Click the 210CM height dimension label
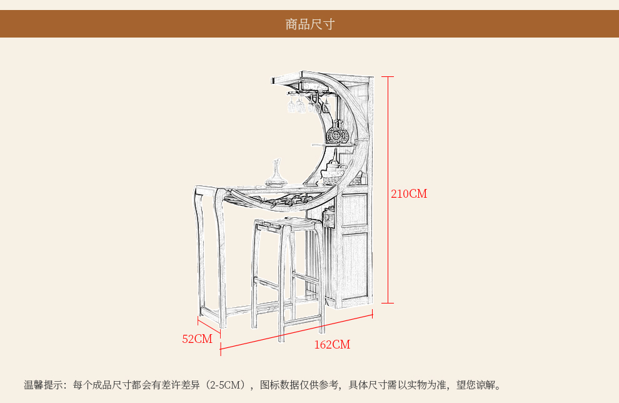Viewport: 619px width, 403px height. pos(409,193)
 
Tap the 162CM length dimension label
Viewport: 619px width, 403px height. pos(332,345)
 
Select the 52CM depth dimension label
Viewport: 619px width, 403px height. pos(197,339)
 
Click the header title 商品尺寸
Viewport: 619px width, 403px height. pos(310,24)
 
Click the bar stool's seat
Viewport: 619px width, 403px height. pos(286,223)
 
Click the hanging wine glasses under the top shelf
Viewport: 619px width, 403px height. pos(308,103)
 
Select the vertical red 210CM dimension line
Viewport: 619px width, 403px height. pos(388,190)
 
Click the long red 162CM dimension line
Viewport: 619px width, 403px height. pos(296,332)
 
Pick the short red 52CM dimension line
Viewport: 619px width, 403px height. pos(209,327)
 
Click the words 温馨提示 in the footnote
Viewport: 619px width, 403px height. pos(43,384)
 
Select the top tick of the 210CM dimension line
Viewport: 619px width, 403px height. pos(388,76)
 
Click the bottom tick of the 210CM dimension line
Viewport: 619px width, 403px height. pos(388,303)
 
